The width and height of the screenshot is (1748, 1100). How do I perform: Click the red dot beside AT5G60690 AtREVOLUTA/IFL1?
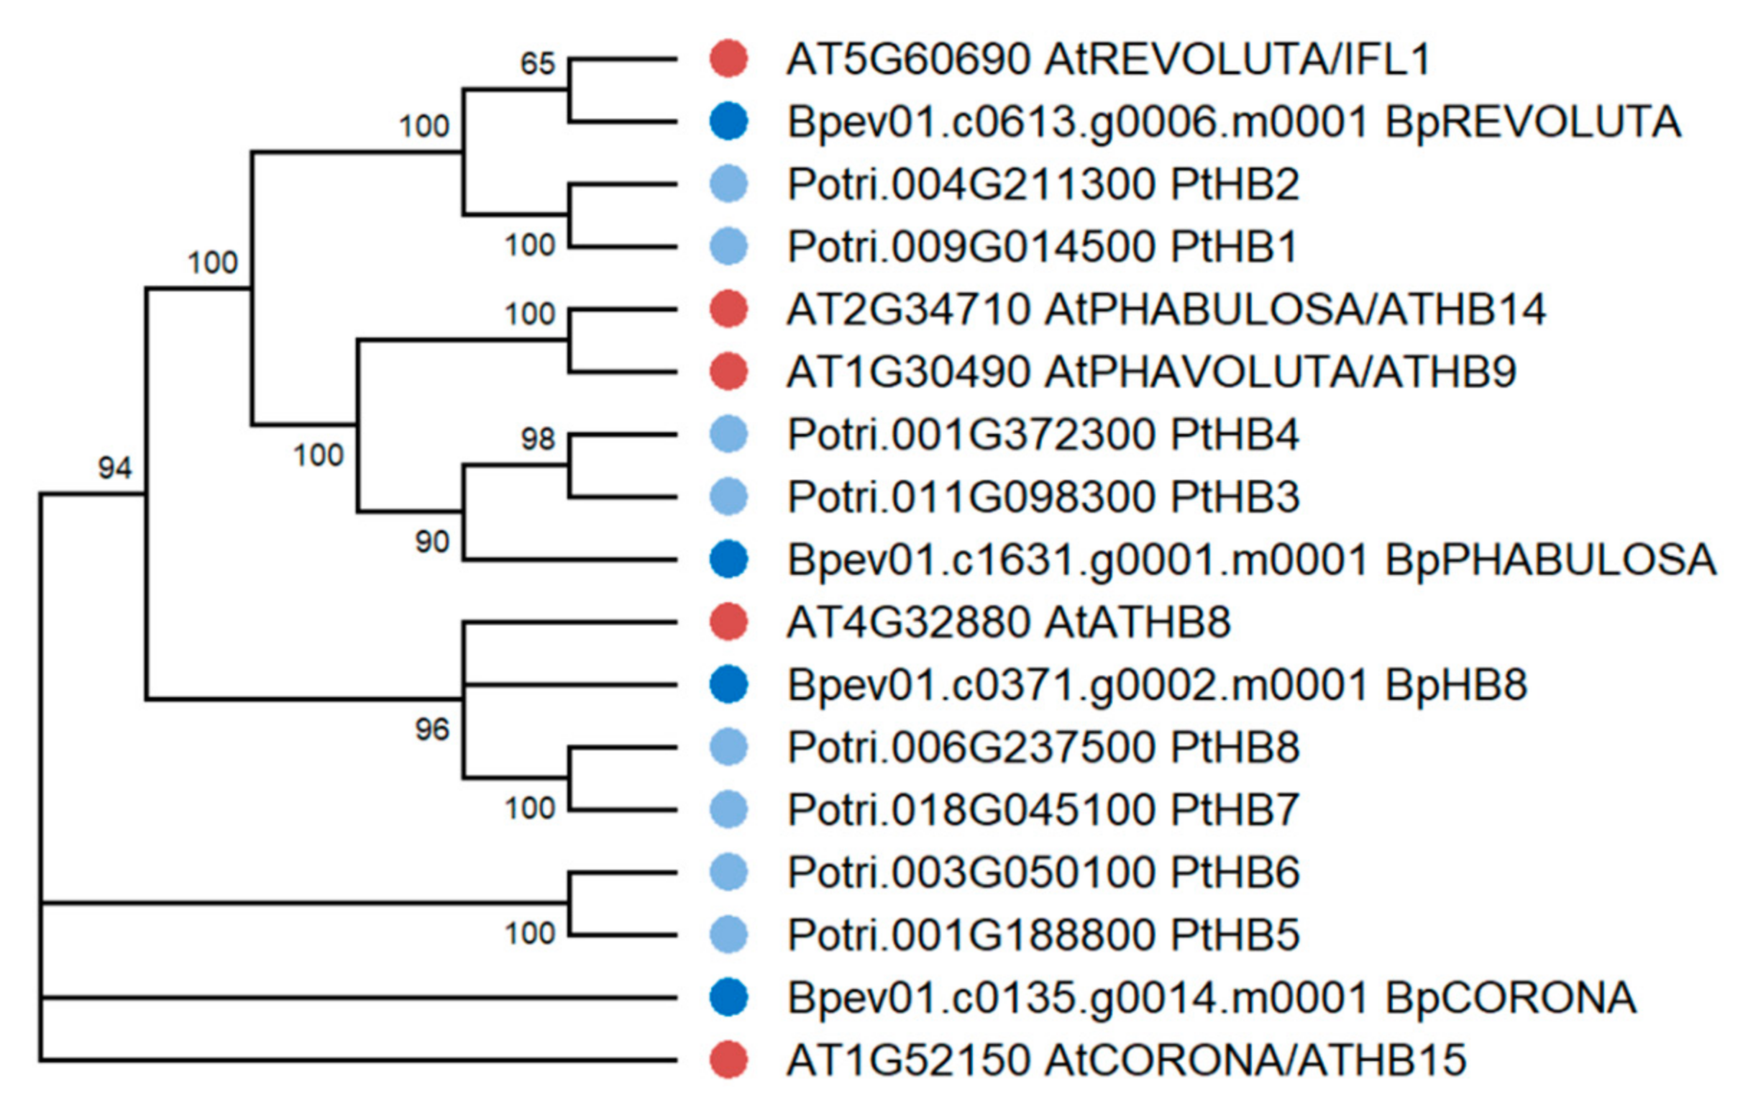(728, 59)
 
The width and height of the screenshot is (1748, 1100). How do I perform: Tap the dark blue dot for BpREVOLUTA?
(728, 122)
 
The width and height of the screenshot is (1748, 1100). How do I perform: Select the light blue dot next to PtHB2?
(728, 183)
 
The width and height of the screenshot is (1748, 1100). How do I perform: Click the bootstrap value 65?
(537, 64)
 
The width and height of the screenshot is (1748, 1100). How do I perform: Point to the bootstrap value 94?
(116, 468)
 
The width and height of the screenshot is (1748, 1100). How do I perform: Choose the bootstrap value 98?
(537, 439)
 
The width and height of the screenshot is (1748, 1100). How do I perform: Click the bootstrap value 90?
(432, 542)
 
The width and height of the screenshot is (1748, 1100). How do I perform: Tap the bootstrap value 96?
(432, 729)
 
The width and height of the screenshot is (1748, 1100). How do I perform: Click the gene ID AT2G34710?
(908, 310)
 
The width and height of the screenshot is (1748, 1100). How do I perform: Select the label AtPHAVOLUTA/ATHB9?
(1281, 373)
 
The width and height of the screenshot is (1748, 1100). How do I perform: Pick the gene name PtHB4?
(1235, 435)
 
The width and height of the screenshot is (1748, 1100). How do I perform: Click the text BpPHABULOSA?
(1550, 560)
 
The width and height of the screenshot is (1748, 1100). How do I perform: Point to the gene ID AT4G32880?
(908, 622)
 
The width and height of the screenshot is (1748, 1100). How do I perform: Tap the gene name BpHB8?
(1456, 685)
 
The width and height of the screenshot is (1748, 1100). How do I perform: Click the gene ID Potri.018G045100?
(971, 809)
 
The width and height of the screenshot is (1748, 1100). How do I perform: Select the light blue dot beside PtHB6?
(728, 872)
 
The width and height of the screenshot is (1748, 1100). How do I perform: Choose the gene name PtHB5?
(1235, 935)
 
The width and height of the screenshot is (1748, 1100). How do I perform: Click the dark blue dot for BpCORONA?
(728, 997)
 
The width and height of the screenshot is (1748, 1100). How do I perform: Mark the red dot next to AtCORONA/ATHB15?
(728, 1059)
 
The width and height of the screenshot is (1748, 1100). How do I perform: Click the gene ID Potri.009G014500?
(971, 247)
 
